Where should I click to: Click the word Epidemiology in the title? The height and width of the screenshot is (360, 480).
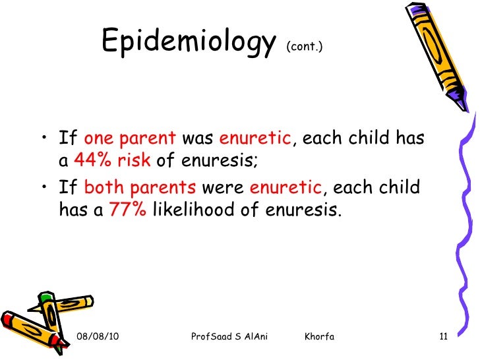click(189, 44)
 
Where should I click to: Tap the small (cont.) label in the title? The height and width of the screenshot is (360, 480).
click(304, 48)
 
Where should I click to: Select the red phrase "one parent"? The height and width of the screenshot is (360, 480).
click(130, 139)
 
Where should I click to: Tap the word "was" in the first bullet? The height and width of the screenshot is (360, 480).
click(197, 139)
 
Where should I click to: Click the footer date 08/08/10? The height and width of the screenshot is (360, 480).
click(98, 337)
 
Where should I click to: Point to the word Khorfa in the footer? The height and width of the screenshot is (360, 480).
click(320, 337)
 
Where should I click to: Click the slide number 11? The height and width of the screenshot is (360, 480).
click(443, 337)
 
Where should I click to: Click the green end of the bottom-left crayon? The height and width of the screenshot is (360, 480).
click(45, 299)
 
